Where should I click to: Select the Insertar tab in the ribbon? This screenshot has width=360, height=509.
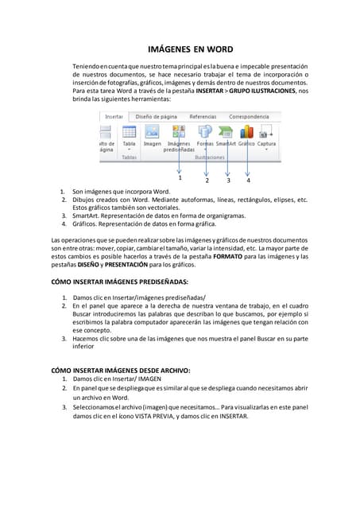click(114, 117)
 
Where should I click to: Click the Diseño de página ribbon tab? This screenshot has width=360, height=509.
click(156, 117)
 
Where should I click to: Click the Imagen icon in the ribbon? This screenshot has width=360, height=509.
click(152, 132)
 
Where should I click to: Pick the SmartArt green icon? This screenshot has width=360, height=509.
click(226, 132)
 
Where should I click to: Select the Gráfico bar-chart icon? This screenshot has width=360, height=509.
click(246, 132)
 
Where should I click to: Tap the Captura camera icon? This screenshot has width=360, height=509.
click(266, 132)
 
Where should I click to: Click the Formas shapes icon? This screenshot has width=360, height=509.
click(205, 132)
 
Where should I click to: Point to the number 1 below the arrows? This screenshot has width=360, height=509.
click(180, 177)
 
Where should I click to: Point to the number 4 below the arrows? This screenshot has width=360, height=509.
click(248, 181)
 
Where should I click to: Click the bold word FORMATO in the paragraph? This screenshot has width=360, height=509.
click(230, 257)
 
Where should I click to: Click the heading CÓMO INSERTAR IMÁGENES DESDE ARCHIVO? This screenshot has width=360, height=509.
click(120, 370)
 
